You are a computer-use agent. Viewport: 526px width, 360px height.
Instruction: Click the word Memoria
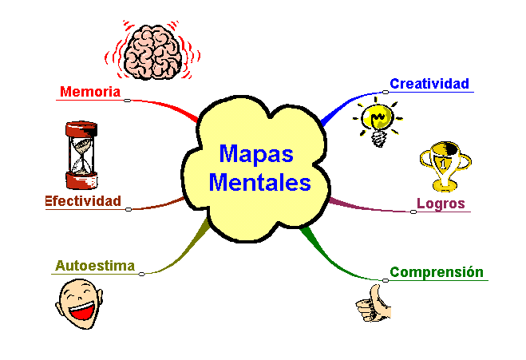pyautogui.click(x=89, y=92)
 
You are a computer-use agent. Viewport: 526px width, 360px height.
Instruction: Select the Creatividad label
pyautogui.click(x=429, y=83)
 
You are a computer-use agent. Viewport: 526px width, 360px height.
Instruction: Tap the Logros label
pyautogui.click(x=440, y=203)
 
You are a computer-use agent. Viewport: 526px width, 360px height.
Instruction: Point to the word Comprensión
pyautogui.click(x=436, y=271)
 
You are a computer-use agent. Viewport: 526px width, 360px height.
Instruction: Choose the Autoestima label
pyautogui.click(x=94, y=266)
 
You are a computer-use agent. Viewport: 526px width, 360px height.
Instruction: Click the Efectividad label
pyautogui.click(x=83, y=201)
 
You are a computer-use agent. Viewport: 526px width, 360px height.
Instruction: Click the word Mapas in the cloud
pyautogui.click(x=256, y=153)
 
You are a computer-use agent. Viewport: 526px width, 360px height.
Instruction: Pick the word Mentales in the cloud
pyautogui.click(x=259, y=183)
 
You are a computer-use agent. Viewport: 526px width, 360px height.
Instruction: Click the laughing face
pyautogui.click(x=81, y=306)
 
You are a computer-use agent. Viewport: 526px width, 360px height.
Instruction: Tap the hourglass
pyautogui.click(x=81, y=152)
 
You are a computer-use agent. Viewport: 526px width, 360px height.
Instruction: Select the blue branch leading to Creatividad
pyautogui.click(x=342, y=106)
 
